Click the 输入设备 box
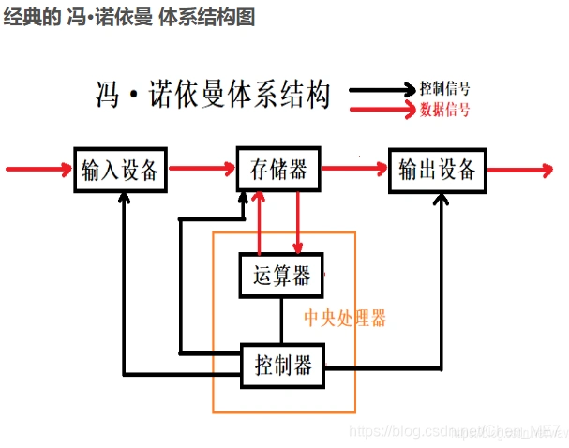click(123, 171)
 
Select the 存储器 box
click(278, 171)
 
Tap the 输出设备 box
click(437, 171)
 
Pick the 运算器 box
click(281, 276)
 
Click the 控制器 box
click(283, 363)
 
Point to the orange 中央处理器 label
click(345, 319)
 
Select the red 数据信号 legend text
click(445, 110)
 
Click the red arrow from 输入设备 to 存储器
click(202, 170)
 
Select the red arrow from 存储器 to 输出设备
click(354, 170)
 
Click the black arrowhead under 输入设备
click(123, 201)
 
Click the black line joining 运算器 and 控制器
click(281, 321)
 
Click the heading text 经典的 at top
click(28, 17)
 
